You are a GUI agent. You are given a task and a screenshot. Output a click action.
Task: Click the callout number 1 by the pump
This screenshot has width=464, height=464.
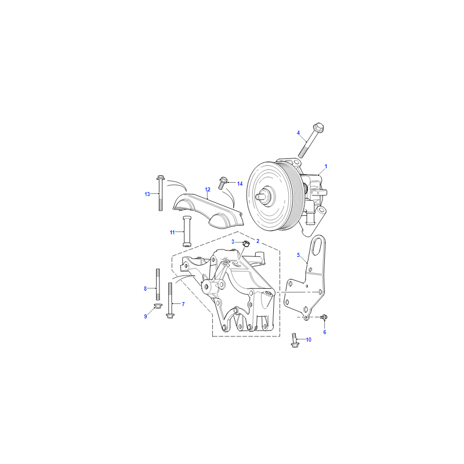pos(326,166)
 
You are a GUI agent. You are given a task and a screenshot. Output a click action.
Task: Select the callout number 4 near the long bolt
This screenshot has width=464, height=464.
pos(298,133)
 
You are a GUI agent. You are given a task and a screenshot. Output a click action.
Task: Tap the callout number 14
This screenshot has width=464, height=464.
pos(240,184)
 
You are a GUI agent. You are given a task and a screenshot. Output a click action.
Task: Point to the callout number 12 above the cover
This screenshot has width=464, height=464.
pos(208,190)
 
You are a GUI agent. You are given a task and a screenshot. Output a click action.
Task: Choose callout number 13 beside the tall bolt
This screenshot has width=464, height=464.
pos(147,194)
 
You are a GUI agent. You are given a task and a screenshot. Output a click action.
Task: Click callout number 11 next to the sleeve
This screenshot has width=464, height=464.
pos(172,233)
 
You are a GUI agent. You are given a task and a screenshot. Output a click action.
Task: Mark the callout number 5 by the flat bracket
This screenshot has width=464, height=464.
pos(298,255)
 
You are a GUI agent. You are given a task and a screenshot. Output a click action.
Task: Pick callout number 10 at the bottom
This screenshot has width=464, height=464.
pos(309,340)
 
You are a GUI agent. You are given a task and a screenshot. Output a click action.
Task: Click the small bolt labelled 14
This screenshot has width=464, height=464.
pos(223,183)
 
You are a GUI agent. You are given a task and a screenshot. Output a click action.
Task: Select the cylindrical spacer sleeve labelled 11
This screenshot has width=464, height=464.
pos(187,231)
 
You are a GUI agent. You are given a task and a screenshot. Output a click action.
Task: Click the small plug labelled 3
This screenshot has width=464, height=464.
pos(246,244)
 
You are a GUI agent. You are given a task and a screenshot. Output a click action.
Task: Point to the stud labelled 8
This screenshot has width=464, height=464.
pos(158,284)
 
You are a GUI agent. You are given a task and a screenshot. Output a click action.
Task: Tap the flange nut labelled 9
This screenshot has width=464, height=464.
pos(158,306)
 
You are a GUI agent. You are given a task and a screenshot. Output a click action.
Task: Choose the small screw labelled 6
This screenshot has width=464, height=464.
pos(324,317)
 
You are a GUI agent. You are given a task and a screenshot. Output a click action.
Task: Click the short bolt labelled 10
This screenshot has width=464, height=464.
pos(295,340)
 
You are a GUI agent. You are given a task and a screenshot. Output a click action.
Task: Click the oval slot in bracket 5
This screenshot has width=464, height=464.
pos(317,247)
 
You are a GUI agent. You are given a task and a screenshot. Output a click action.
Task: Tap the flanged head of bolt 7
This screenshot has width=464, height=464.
pos(170,316)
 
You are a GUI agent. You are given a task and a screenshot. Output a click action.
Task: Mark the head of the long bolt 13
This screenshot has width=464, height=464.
pos(161,177)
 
